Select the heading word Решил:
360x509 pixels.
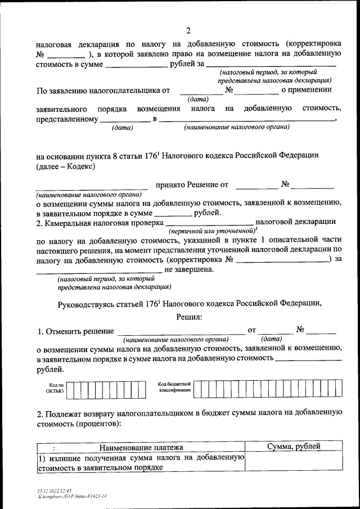pos(189,317)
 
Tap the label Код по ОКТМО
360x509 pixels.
pos(56,388)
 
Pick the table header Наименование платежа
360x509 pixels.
pos(141,447)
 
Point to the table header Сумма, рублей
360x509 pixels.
pos(294,447)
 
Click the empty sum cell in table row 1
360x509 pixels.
pos(294,462)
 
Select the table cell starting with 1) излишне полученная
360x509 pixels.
pos(141,462)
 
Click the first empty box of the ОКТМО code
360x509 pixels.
pos(78,389)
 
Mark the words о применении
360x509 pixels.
pos(307,89)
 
